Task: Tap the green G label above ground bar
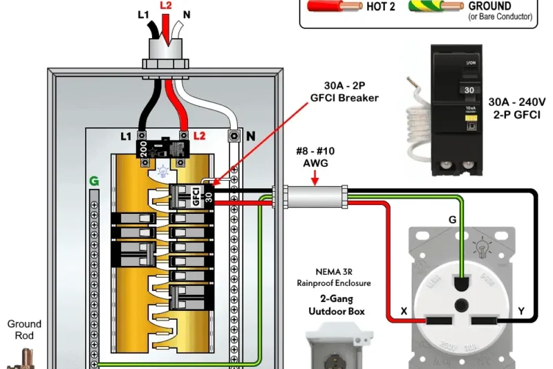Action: (93, 181)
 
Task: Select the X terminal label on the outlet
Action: (404, 312)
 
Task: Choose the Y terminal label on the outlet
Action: (522, 312)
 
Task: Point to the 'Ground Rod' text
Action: (24, 329)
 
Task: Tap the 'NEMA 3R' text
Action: (334, 272)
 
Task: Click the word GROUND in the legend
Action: (490, 6)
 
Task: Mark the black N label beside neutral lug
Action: (250, 136)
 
